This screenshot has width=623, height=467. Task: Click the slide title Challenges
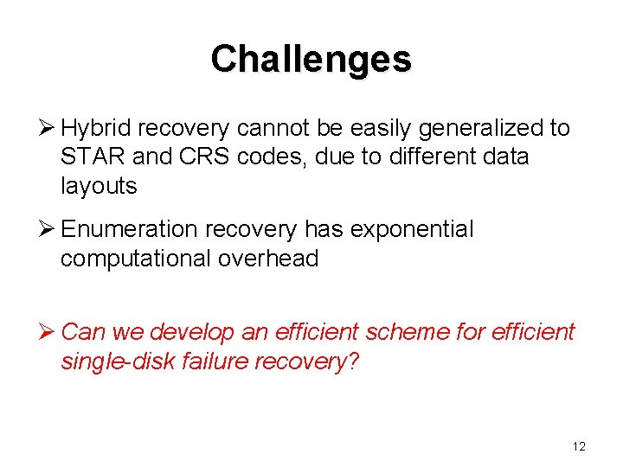click(311, 59)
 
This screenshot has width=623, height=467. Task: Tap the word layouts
click(99, 186)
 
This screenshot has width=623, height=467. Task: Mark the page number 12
click(579, 446)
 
